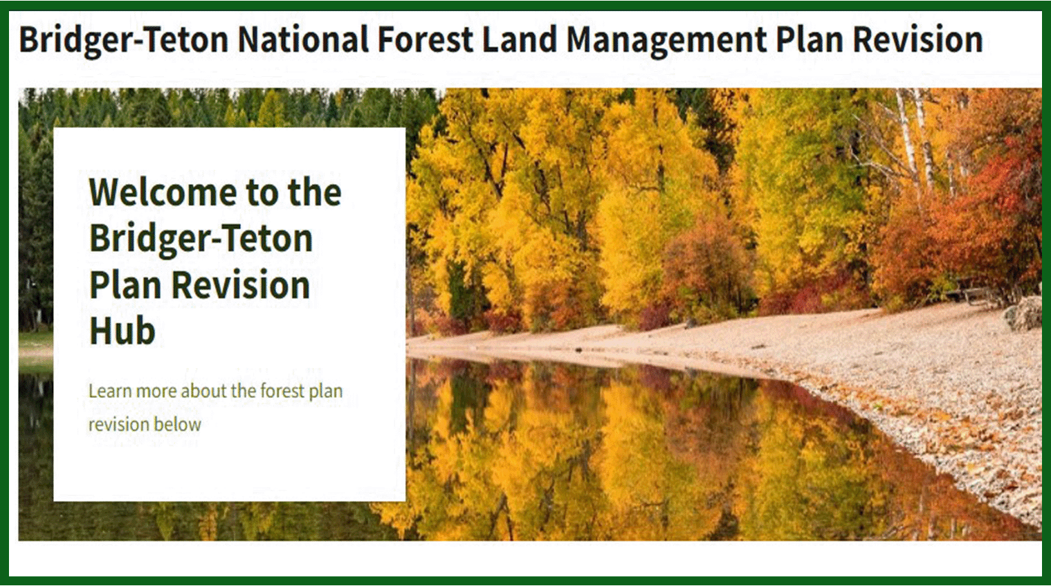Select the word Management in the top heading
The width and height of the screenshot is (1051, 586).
(667, 40)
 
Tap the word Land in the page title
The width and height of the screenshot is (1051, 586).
(519, 39)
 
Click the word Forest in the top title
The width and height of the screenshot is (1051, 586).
(425, 39)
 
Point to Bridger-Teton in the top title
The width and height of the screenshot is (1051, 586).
(124, 40)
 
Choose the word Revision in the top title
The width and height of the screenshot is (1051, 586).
(917, 39)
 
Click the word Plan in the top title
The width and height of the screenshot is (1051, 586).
(810, 39)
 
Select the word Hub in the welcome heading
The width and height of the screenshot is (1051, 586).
(122, 330)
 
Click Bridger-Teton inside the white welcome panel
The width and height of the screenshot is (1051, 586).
(201, 239)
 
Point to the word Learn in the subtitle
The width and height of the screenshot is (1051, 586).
(110, 391)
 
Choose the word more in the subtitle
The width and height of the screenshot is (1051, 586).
(156, 392)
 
